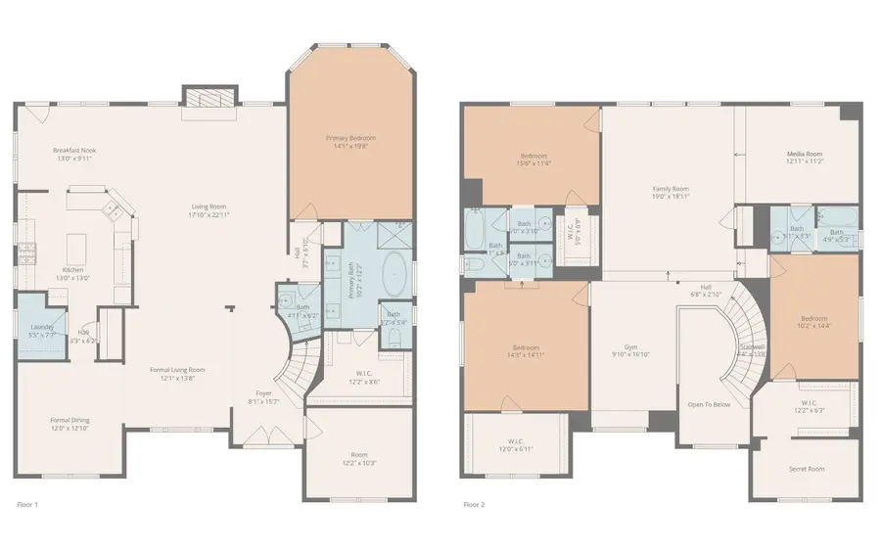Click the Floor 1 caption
28,505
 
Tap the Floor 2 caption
474,505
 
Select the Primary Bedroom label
350,138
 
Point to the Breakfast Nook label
74,151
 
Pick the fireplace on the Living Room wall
209,97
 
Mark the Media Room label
805,154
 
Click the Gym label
630,347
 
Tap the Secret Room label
807,469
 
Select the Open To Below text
709,404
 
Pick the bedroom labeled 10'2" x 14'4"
814,318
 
